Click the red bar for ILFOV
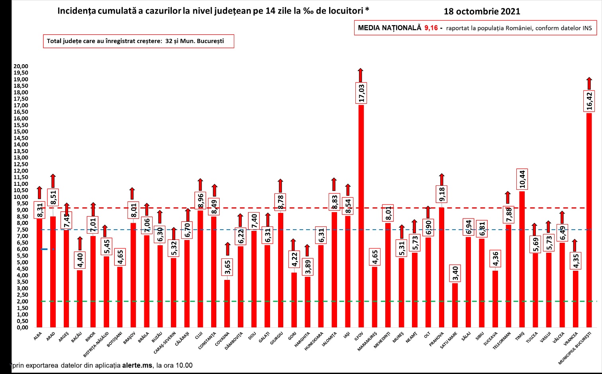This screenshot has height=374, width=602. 361,215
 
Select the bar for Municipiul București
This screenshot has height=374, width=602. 589,219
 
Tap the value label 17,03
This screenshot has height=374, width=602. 361,93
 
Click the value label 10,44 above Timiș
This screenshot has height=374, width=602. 522,179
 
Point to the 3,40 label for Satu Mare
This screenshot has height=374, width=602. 455,274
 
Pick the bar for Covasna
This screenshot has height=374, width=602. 227,303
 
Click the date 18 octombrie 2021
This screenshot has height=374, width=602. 482,12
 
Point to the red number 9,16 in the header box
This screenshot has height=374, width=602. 431,28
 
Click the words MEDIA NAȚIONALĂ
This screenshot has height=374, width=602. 389,28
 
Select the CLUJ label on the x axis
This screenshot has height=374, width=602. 199,336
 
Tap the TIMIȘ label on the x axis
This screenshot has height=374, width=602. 520,337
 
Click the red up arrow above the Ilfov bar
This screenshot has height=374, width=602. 361,75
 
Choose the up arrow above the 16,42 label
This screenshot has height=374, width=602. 589,83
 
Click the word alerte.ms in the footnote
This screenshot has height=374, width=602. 137,365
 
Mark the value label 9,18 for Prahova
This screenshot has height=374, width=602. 442,195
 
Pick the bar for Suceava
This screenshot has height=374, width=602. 495,299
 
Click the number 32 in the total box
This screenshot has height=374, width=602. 169,41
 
